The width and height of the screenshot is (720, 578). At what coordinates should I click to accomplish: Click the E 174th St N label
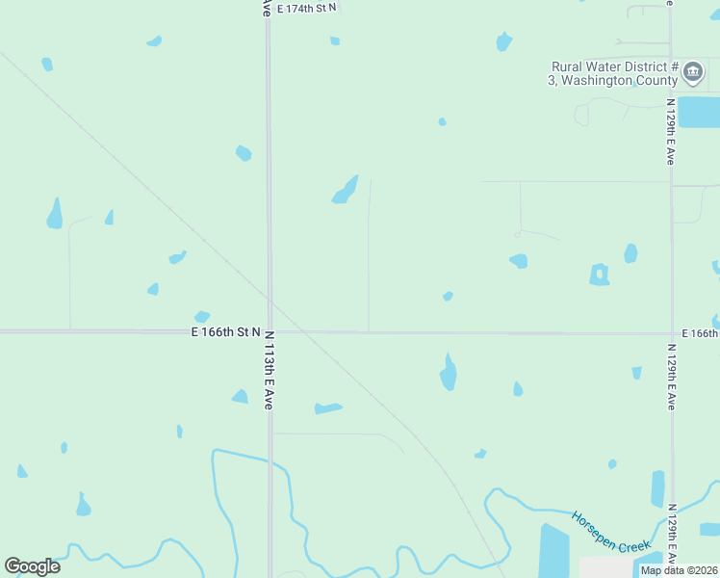tap(307, 8)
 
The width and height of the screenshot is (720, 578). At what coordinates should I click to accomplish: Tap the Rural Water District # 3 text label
tap(614, 73)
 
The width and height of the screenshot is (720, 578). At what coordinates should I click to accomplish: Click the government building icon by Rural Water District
tap(693, 73)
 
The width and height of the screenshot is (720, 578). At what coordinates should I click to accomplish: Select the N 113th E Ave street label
tap(269, 371)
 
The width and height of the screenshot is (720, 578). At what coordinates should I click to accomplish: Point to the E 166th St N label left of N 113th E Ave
tap(226, 331)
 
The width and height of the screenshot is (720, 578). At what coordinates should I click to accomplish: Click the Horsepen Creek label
tap(612, 532)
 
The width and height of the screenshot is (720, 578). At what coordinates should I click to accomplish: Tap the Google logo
tap(32, 566)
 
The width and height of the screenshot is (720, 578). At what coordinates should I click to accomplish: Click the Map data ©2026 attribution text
tap(678, 570)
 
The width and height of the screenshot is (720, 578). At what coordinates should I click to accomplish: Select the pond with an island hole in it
tap(600, 275)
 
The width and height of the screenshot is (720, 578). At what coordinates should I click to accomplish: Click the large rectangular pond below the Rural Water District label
tap(699, 112)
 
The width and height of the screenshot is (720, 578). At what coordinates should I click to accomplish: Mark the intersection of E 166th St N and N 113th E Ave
tap(269, 332)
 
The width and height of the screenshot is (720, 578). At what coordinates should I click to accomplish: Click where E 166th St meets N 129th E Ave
tap(671, 333)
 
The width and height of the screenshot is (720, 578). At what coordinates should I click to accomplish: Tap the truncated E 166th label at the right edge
tap(700, 332)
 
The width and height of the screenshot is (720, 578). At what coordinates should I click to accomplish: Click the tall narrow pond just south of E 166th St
tap(448, 372)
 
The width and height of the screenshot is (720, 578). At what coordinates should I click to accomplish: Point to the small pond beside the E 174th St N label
tap(335, 40)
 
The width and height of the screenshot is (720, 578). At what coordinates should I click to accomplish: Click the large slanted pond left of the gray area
tap(553, 551)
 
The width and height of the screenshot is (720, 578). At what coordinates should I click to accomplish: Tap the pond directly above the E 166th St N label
tap(201, 316)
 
